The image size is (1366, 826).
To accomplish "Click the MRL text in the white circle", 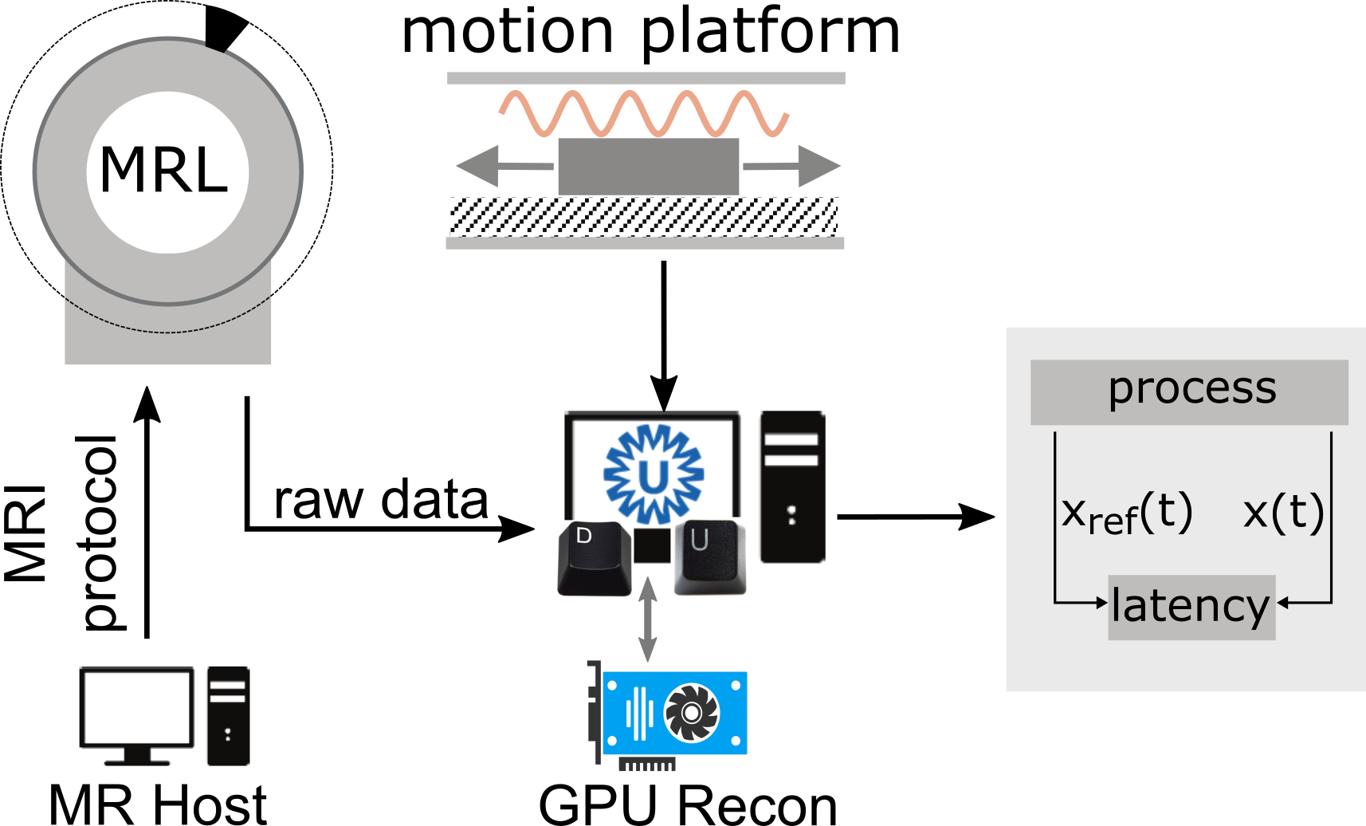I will tap(164, 171).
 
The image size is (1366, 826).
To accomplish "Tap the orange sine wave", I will tap(644, 113).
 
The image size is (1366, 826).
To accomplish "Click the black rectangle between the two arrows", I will tap(648, 165).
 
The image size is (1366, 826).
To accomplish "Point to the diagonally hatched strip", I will tap(638, 215).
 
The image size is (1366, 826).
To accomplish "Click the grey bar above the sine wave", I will tap(646, 78).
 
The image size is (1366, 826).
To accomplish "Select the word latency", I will tap(1190, 606).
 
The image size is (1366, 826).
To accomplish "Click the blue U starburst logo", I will tap(654, 475).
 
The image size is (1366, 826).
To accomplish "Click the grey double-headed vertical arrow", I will tap(648, 619).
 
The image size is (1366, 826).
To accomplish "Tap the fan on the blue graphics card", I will tap(691, 713).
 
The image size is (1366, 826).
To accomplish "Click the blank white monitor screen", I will tap(138, 706).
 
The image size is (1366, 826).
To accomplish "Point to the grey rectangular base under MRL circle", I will tap(167, 343).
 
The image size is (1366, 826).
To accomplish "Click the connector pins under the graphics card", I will tap(647, 765).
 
